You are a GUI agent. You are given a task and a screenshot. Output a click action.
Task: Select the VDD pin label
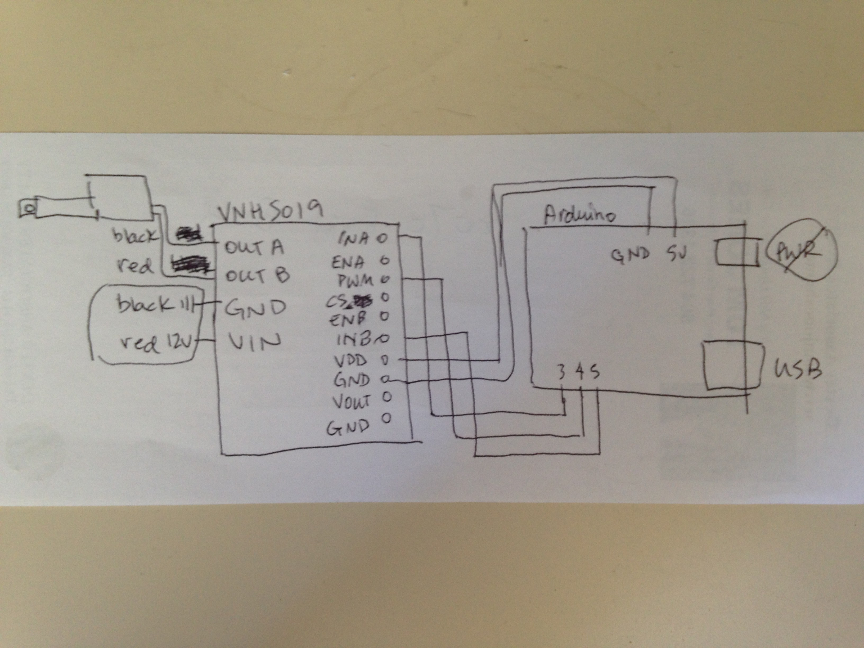pos(351,360)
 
